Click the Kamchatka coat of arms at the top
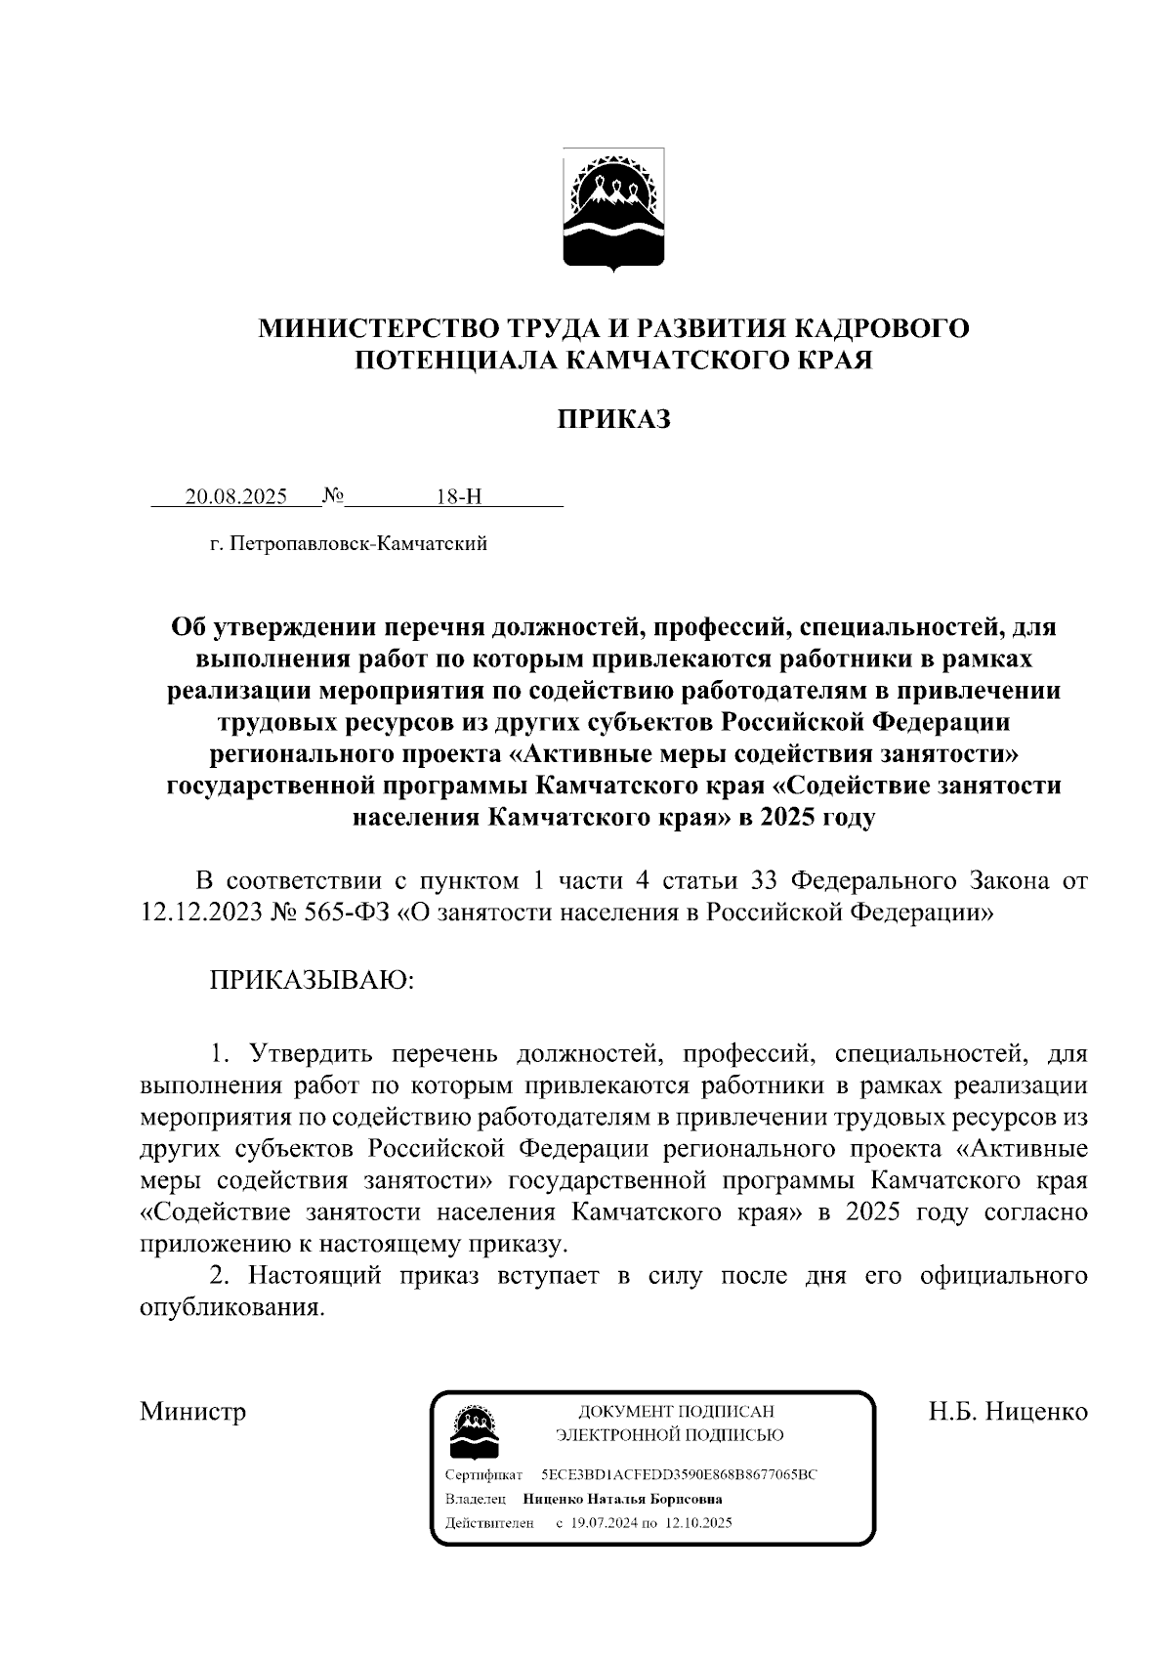(614, 208)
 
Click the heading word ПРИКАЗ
(613, 420)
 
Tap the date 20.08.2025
(236, 496)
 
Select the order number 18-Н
(459, 496)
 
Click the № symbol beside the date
(332, 495)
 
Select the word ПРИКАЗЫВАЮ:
(312, 980)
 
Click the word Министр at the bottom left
(192, 1411)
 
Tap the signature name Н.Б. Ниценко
(1008, 1411)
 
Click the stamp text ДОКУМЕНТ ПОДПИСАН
(676, 1411)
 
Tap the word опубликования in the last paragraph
(230, 1308)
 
